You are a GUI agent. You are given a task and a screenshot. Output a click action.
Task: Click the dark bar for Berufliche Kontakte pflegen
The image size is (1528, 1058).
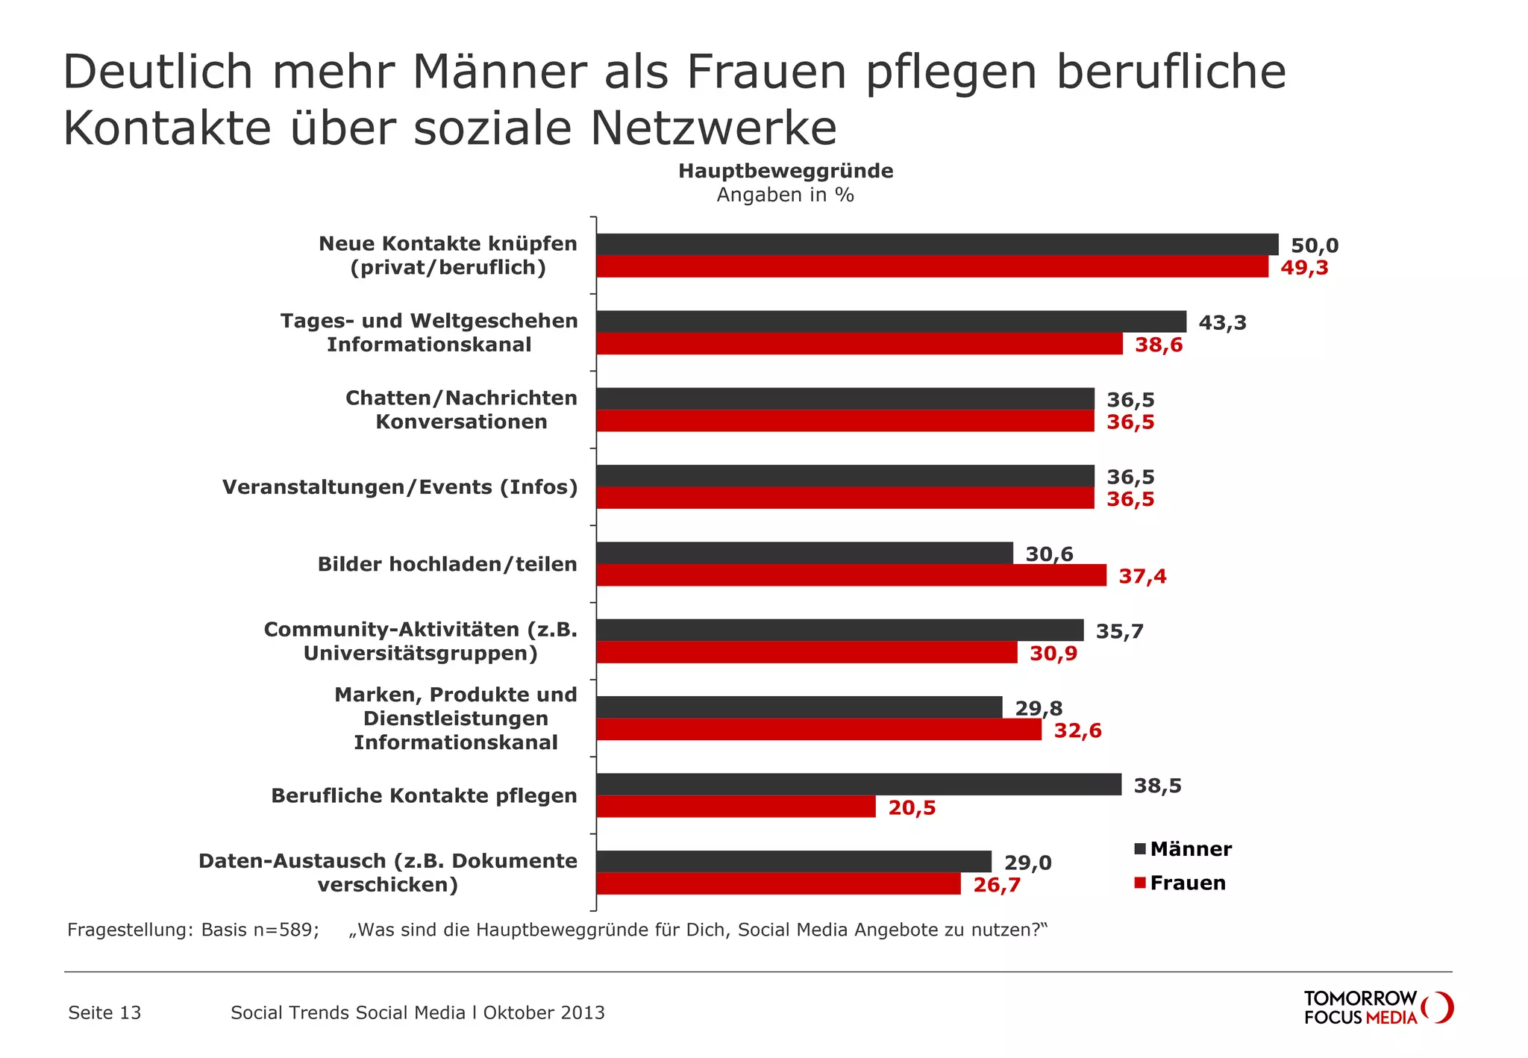pyautogui.click(x=858, y=784)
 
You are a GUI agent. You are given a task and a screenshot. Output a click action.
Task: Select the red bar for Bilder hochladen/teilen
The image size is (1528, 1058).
pyautogui.click(x=851, y=575)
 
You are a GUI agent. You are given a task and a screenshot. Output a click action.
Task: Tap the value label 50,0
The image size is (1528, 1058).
pyautogui.click(x=1315, y=245)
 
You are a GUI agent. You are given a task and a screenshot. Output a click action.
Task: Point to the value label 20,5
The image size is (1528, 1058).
pyautogui.click(x=912, y=808)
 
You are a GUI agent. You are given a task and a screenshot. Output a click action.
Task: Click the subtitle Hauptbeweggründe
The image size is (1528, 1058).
pyautogui.click(x=786, y=171)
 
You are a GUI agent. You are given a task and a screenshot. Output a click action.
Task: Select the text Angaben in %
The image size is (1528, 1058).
pyautogui.click(x=785, y=195)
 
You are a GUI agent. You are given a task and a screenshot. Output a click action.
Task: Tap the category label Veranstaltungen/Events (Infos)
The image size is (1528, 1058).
pyautogui.click(x=400, y=487)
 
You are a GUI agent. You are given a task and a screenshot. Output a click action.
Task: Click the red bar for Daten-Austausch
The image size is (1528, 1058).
pyautogui.click(x=778, y=884)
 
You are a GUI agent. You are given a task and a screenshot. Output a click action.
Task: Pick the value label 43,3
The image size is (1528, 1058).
pyautogui.click(x=1222, y=323)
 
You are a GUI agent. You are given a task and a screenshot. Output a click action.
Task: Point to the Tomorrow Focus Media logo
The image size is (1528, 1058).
pyautogui.click(x=1377, y=1007)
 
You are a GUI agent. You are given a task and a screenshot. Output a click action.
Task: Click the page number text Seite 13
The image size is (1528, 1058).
pyautogui.click(x=104, y=1013)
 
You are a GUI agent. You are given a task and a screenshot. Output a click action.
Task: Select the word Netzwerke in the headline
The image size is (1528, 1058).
pyautogui.click(x=713, y=128)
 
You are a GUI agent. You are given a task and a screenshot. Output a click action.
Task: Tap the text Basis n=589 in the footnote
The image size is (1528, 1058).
pyautogui.click(x=260, y=930)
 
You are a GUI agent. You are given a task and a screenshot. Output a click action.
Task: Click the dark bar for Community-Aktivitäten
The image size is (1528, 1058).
pyautogui.click(x=839, y=630)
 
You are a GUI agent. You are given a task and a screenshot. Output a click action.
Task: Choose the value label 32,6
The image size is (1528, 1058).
pyautogui.click(x=1077, y=730)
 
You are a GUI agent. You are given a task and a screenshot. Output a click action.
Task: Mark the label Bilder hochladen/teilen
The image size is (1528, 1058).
pyautogui.click(x=447, y=564)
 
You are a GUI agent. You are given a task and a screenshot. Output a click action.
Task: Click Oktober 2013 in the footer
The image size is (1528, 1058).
pyautogui.click(x=544, y=1013)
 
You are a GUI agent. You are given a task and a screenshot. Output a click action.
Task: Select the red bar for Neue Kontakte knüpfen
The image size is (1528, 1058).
pyautogui.click(x=932, y=267)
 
